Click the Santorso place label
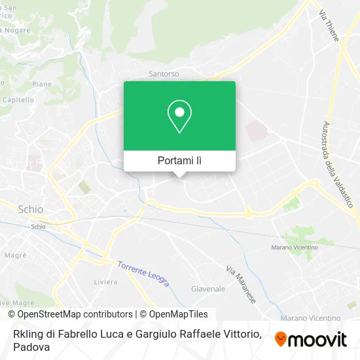point(164,74)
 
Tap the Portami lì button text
point(179,160)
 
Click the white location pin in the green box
point(179,117)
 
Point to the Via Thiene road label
point(329,25)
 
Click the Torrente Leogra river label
point(143,274)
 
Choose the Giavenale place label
point(208,289)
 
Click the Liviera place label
point(105,282)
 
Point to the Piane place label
point(42,84)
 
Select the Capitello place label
point(18,99)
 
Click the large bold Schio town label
point(30,209)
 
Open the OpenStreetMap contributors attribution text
point(70,314)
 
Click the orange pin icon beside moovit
point(281,338)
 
